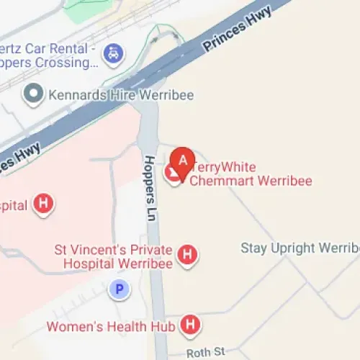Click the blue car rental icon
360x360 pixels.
point(112,53)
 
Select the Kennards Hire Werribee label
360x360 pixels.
point(120,94)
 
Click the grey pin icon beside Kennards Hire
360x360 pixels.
point(32,94)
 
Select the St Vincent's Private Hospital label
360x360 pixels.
point(113,256)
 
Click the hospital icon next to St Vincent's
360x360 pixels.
point(187,255)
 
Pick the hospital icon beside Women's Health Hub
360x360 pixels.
point(190,326)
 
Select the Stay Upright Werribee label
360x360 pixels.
point(300,248)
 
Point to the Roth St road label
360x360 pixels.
point(205,353)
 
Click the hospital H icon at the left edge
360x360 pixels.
point(44,204)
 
